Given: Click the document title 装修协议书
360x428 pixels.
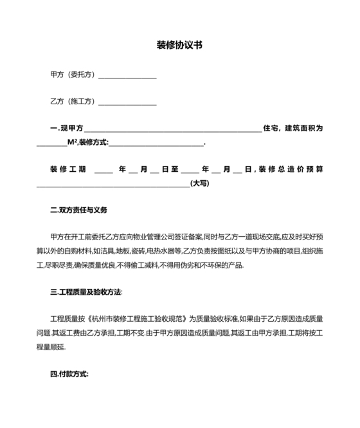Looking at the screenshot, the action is tap(180, 46).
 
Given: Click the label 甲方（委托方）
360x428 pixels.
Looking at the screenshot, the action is tap(73, 75).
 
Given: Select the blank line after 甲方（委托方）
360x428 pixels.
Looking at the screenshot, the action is tap(127, 76).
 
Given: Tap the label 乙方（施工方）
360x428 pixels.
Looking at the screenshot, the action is tap(73, 102).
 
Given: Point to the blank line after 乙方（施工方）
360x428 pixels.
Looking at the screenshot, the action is tap(127, 103).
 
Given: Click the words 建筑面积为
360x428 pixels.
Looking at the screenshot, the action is tap(303, 129).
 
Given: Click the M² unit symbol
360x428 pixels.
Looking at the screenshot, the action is tap(72, 142).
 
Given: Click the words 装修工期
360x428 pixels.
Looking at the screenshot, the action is tap(67, 170).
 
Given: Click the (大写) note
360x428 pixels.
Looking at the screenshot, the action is tap(200, 183).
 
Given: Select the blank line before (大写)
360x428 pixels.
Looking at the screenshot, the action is tap(113, 185).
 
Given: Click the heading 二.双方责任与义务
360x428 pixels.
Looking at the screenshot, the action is tap(79, 210).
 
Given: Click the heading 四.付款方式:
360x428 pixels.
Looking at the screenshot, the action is tap(69, 374).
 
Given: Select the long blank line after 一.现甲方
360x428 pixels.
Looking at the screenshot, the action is tap(172, 130).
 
